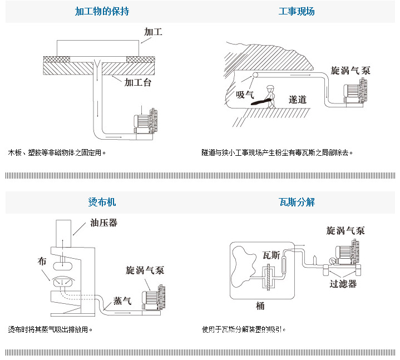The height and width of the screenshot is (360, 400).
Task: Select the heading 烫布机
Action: click(x=102, y=203)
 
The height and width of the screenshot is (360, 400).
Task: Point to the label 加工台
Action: click(x=137, y=83)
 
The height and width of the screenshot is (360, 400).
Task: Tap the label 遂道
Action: click(x=298, y=100)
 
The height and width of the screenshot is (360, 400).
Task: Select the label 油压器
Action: click(x=103, y=224)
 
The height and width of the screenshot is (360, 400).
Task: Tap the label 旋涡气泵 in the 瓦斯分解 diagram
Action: click(x=345, y=230)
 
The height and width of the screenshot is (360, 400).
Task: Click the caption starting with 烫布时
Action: click(x=50, y=329)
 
